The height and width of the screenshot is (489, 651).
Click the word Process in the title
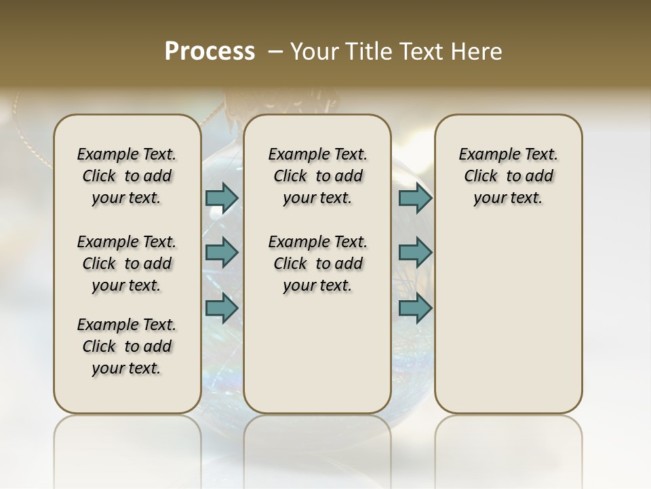coord(210,52)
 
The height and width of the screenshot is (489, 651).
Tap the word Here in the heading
coord(477,52)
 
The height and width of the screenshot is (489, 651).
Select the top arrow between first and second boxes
coord(222,198)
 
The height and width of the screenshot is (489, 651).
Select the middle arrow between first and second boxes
coord(222,253)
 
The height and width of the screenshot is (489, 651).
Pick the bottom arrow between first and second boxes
coord(222,308)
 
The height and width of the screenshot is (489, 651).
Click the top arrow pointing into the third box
coord(415,198)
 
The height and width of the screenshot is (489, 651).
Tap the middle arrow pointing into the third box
coord(415,253)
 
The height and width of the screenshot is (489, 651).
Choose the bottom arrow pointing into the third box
coord(415,308)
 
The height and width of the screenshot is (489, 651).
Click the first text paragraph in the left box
coord(127,176)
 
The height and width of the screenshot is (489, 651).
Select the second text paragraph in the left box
coord(127,264)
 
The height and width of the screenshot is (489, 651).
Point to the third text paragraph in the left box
coord(127,346)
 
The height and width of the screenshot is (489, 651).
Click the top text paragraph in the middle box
coord(317,176)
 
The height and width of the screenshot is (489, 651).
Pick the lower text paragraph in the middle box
coord(317,264)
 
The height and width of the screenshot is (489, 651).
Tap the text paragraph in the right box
coord(508,176)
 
